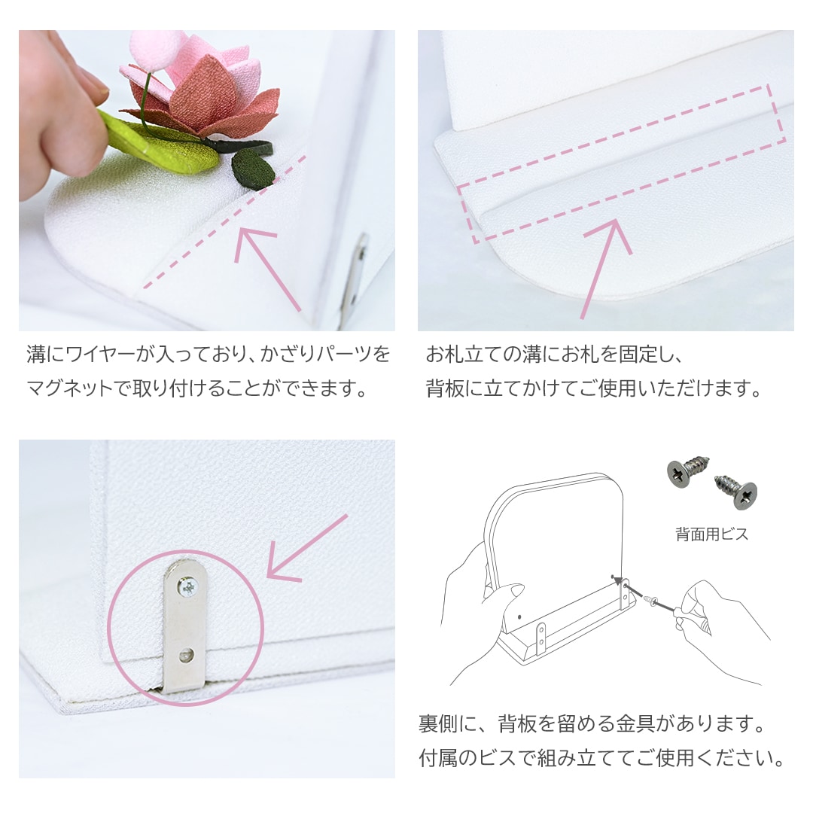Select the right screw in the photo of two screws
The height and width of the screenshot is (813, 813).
tap(736, 490)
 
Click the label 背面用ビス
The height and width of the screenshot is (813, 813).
tap(711, 534)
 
